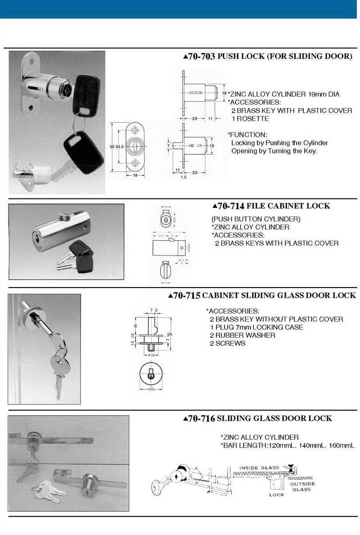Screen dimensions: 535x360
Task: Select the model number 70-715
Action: click(x=184, y=296)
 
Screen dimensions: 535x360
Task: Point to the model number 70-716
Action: click(x=199, y=418)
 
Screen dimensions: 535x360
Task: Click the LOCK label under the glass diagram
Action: click(x=276, y=495)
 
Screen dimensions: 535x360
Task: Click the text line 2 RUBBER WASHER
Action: click(x=242, y=335)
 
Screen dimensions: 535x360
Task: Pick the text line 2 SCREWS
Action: click(x=227, y=343)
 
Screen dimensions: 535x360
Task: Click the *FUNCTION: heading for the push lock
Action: click(x=247, y=135)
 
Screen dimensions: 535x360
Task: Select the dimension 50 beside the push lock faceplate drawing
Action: click(x=112, y=147)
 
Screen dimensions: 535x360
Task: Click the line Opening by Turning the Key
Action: click(x=274, y=151)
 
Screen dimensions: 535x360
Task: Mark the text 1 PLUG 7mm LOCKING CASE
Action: click(x=256, y=327)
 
